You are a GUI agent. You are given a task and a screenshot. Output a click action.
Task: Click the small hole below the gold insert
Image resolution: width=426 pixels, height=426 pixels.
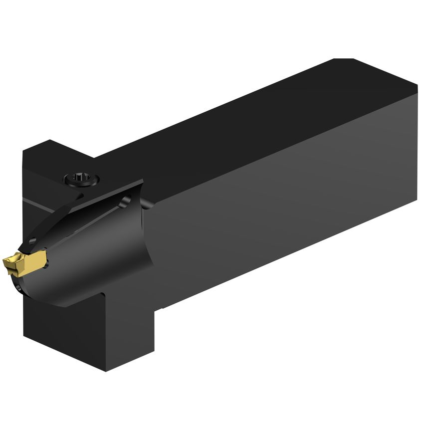[18, 287]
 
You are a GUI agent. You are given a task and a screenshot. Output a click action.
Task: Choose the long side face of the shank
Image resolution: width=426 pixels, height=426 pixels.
[284, 200]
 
